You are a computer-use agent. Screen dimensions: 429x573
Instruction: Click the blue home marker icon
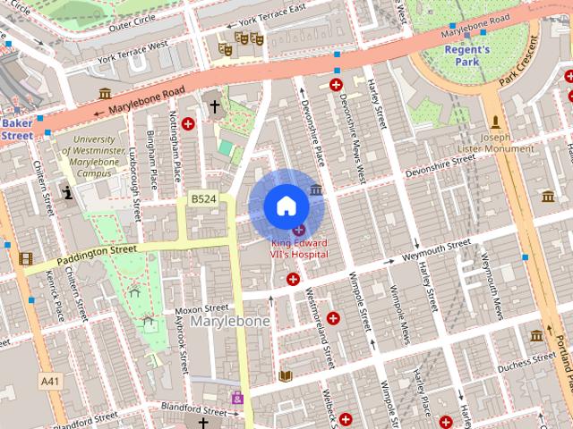286,206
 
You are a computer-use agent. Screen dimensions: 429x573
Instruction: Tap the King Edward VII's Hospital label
299,248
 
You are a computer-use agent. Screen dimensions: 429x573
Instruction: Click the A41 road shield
52,381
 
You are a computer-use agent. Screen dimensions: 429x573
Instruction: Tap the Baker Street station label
16,129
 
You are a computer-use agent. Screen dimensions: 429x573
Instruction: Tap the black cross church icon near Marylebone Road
214,106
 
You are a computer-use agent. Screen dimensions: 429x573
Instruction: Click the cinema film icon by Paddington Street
25,259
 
